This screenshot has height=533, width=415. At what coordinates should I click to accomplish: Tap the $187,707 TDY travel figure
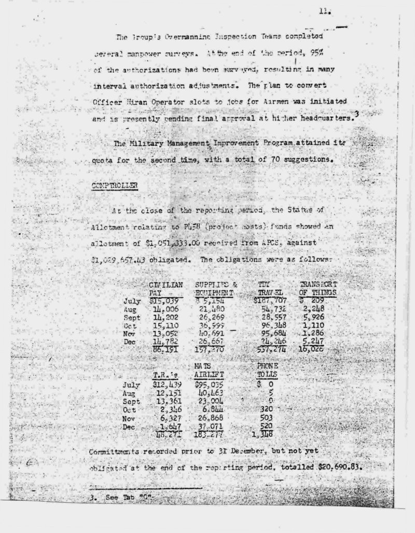pyautogui.click(x=270, y=301)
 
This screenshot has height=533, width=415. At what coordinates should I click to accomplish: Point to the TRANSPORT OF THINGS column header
pyautogui.click(x=319, y=289)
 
